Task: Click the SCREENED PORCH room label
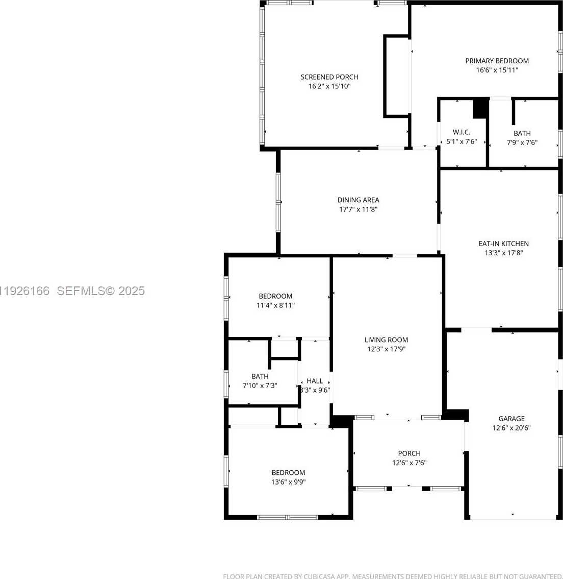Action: (x=329, y=77)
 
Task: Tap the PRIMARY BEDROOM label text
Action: (x=497, y=61)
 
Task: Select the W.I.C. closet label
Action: (x=461, y=132)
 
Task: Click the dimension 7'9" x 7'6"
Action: (x=522, y=142)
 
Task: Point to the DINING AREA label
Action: (x=358, y=200)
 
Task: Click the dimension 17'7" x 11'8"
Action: (x=358, y=209)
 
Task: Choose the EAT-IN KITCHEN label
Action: (x=503, y=244)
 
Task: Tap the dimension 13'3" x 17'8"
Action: (x=503, y=253)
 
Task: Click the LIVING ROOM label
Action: (x=386, y=340)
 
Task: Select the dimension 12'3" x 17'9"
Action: (x=386, y=349)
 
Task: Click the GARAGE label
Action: (x=511, y=419)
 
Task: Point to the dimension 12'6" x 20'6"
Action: (x=511, y=428)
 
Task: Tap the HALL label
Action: (x=315, y=381)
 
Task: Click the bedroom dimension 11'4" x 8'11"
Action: (x=275, y=305)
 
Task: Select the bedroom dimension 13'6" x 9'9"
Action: (x=288, y=482)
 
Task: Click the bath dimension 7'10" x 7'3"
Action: (x=260, y=386)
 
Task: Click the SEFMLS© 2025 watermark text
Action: (x=100, y=291)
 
